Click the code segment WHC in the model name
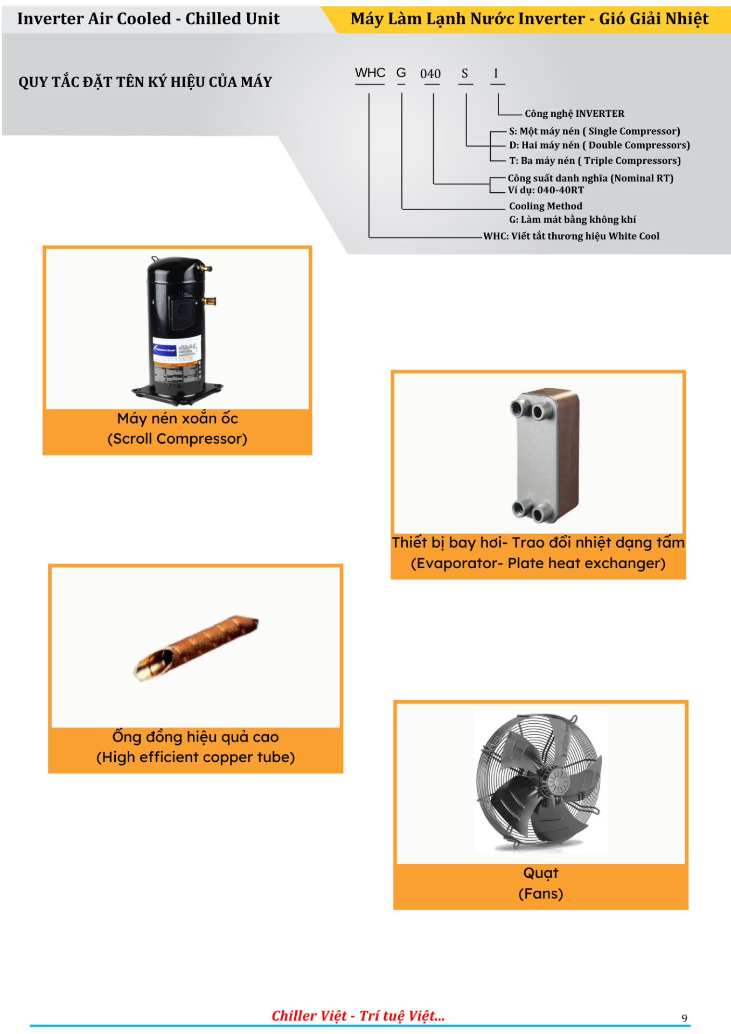(370, 73)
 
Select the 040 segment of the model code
(430, 74)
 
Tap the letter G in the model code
(401, 73)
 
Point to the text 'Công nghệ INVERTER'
(575, 114)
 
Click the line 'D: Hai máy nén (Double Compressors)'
(600, 145)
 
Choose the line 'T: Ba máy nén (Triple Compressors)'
(595, 160)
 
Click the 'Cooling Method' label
(546, 206)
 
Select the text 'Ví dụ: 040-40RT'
(546, 190)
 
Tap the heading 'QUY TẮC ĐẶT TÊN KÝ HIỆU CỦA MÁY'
(145, 82)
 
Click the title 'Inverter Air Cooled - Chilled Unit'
(148, 19)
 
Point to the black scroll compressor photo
(177, 330)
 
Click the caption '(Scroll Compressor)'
(177, 439)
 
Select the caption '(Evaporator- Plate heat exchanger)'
(538, 563)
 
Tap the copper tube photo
(196, 647)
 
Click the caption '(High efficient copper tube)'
(196, 757)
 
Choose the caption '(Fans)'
(541, 894)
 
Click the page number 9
(685, 1018)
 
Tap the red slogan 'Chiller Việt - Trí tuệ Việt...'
(358, 1016)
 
